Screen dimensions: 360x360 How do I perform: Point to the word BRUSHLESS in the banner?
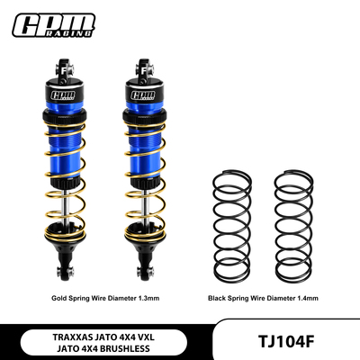click(131, 347)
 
